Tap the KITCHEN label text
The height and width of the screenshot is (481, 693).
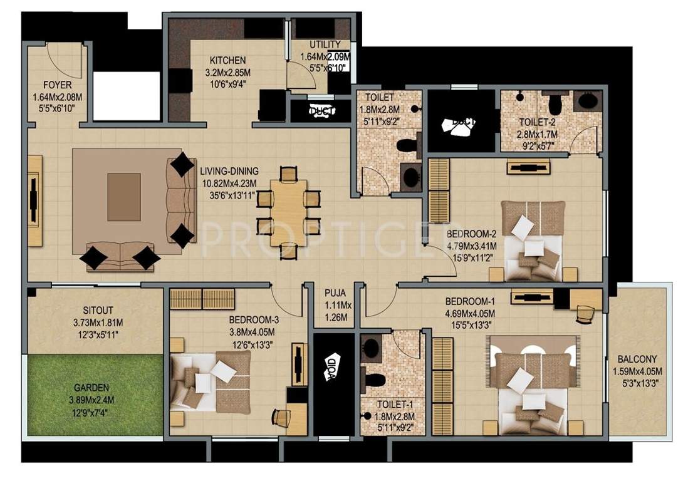tap(227, 61)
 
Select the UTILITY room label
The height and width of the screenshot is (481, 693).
tap(325, 44)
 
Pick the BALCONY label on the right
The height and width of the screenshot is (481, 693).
tap(637, 359)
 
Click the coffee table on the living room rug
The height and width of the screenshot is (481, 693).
tap(125, 196)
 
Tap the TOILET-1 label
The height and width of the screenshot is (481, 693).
tap(393, 405)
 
